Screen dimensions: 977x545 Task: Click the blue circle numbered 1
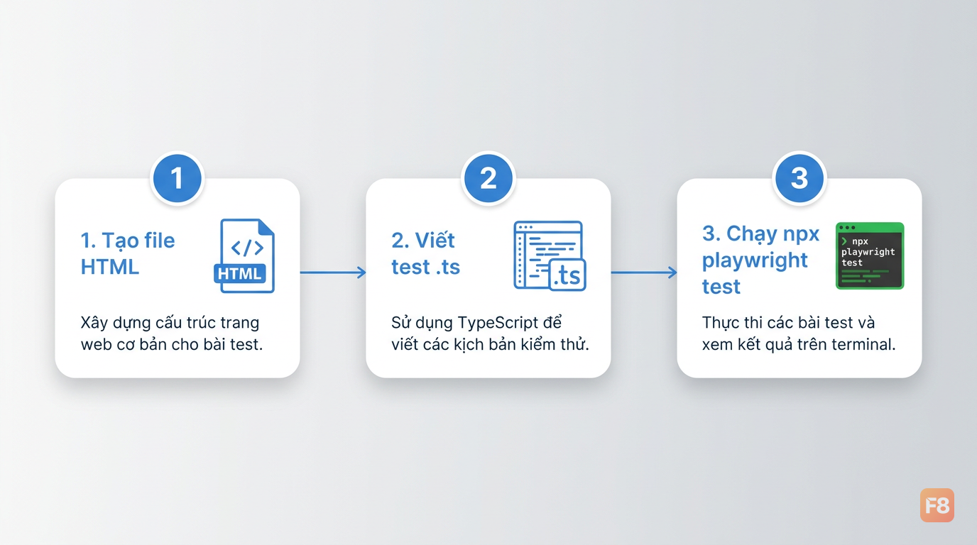tap(177, 178)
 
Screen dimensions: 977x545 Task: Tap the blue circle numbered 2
tap(488, 178)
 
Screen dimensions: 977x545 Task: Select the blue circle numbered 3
tap(799, 178)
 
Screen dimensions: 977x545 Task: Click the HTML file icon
tap(245, 256)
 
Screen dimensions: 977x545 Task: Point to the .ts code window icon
tap(550, 256)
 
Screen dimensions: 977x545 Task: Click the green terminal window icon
tap(870, 256)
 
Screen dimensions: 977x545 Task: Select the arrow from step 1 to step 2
tap(333, 272)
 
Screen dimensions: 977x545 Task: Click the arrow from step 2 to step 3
tap(644, 272)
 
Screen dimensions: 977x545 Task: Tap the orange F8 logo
tap(937, 505)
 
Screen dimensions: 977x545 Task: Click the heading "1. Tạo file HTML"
tap(128, 253)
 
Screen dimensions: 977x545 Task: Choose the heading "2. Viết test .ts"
tap(426, 253)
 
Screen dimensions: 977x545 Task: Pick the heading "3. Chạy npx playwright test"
tap(760, 260)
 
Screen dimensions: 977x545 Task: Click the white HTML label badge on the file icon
tap(239, 273)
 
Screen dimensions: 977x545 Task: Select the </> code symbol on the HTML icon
tap(247, 248)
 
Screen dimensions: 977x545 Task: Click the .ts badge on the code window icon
tap(567, 275)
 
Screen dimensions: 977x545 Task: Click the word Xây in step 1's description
tap(94, 323)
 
